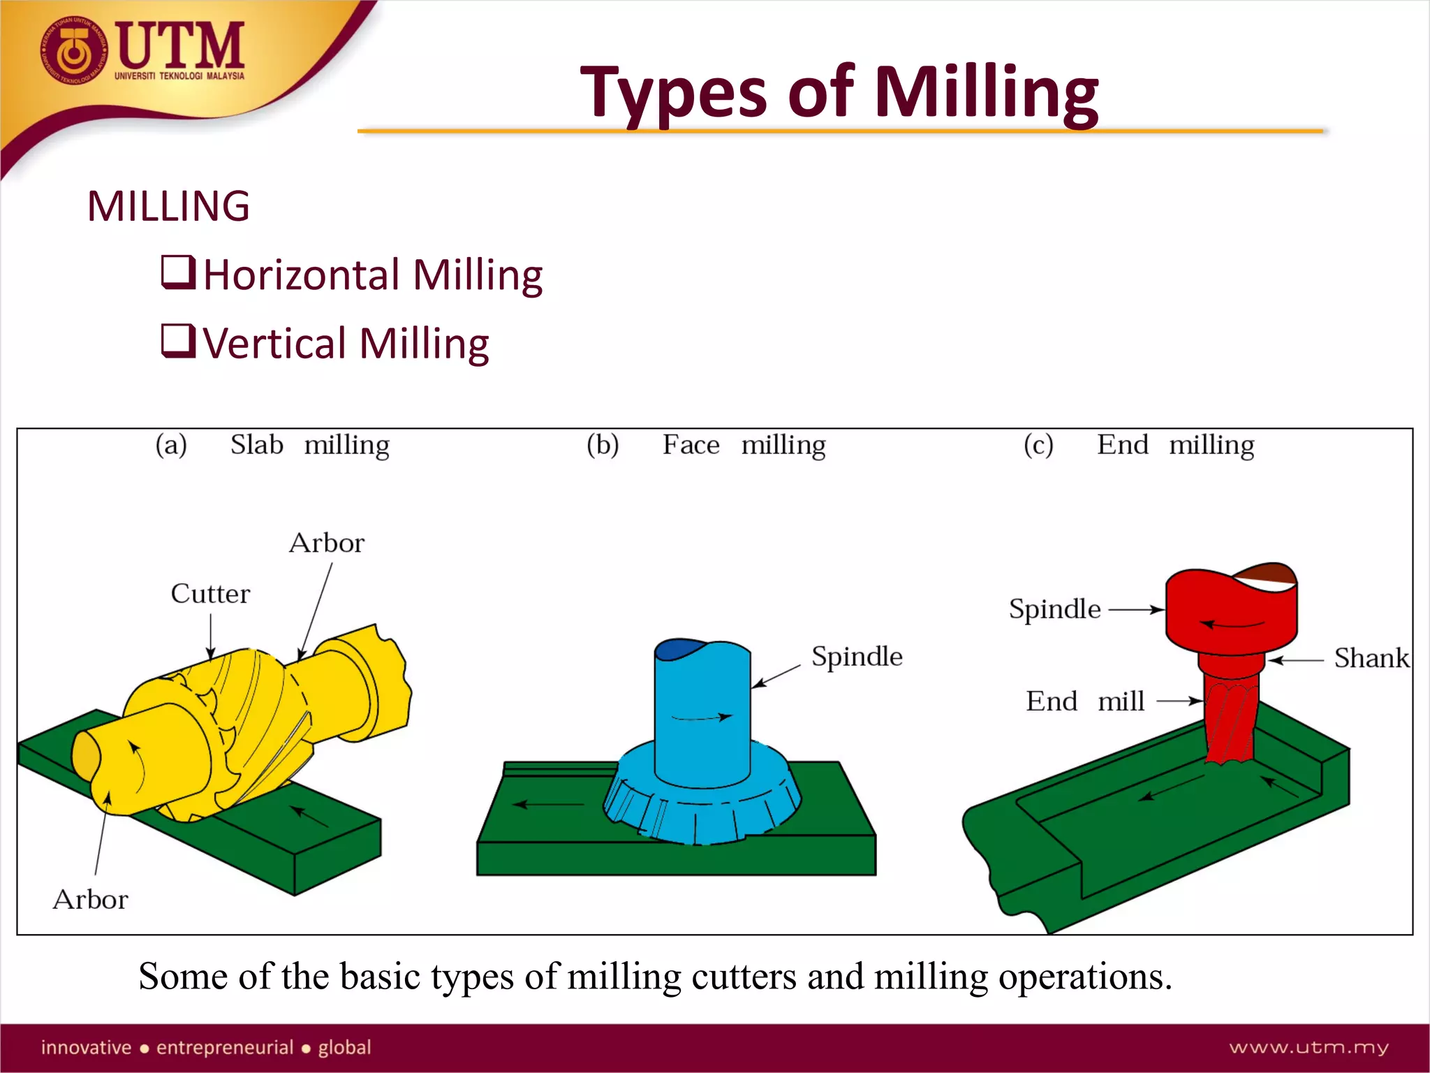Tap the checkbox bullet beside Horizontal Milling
pos(177,272)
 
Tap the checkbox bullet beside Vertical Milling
pos(177,341)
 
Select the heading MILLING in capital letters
pos(168,207)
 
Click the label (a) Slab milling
pos(273,445)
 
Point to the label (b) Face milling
pos(706,445)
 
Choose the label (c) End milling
pos(1139,445)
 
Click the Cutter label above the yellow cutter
pos(210,594)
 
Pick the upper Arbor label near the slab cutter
pos(327,543)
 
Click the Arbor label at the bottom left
pos(91,900)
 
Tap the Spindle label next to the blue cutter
pos(857,657)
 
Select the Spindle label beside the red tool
pos(1054,609)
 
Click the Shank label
pos(1371,659)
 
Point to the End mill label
pos(1085,701)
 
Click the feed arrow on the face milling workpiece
pos(548,805)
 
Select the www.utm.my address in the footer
pos(1309,1047)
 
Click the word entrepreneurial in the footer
pos(225,1047)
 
